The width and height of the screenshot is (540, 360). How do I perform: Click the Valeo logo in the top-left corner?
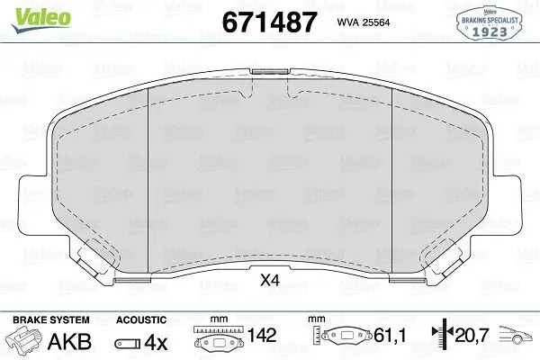[x=41, y=19]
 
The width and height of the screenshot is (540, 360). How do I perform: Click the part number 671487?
[x=269, y=22]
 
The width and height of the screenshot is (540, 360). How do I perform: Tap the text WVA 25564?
[x=364, y=22]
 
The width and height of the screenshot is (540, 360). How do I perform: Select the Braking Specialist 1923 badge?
[x=489, y=24]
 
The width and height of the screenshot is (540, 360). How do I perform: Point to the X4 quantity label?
[x=270, y=281]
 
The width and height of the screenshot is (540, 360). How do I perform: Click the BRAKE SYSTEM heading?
[x=51, y=319]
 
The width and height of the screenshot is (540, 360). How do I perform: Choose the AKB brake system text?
[x=69, y=342]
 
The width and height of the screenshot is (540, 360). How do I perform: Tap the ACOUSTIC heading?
[x=141, y=319]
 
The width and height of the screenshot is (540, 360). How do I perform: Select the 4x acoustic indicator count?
[x=156, y=343]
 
